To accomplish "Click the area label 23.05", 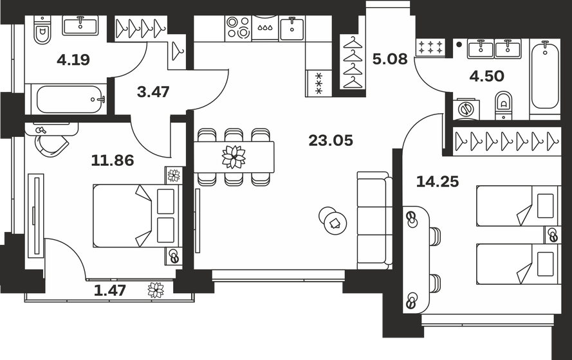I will point(331,141).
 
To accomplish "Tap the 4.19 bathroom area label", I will point(73,60).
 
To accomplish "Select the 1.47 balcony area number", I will point(109,290).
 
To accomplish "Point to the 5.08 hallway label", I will point(390,60).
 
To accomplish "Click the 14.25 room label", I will point(438,182).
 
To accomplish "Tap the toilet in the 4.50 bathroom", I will point(504,104).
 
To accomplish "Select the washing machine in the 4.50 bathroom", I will point(465,109).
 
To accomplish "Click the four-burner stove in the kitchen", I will point(238,28).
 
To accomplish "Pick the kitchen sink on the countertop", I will point(292,28).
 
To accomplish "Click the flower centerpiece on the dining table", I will point(234,156).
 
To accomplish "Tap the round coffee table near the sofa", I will point(333,222).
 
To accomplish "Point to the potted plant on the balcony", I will point(156,290).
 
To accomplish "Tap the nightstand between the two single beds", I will point(551,235).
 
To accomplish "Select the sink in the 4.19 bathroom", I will point(80,26).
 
